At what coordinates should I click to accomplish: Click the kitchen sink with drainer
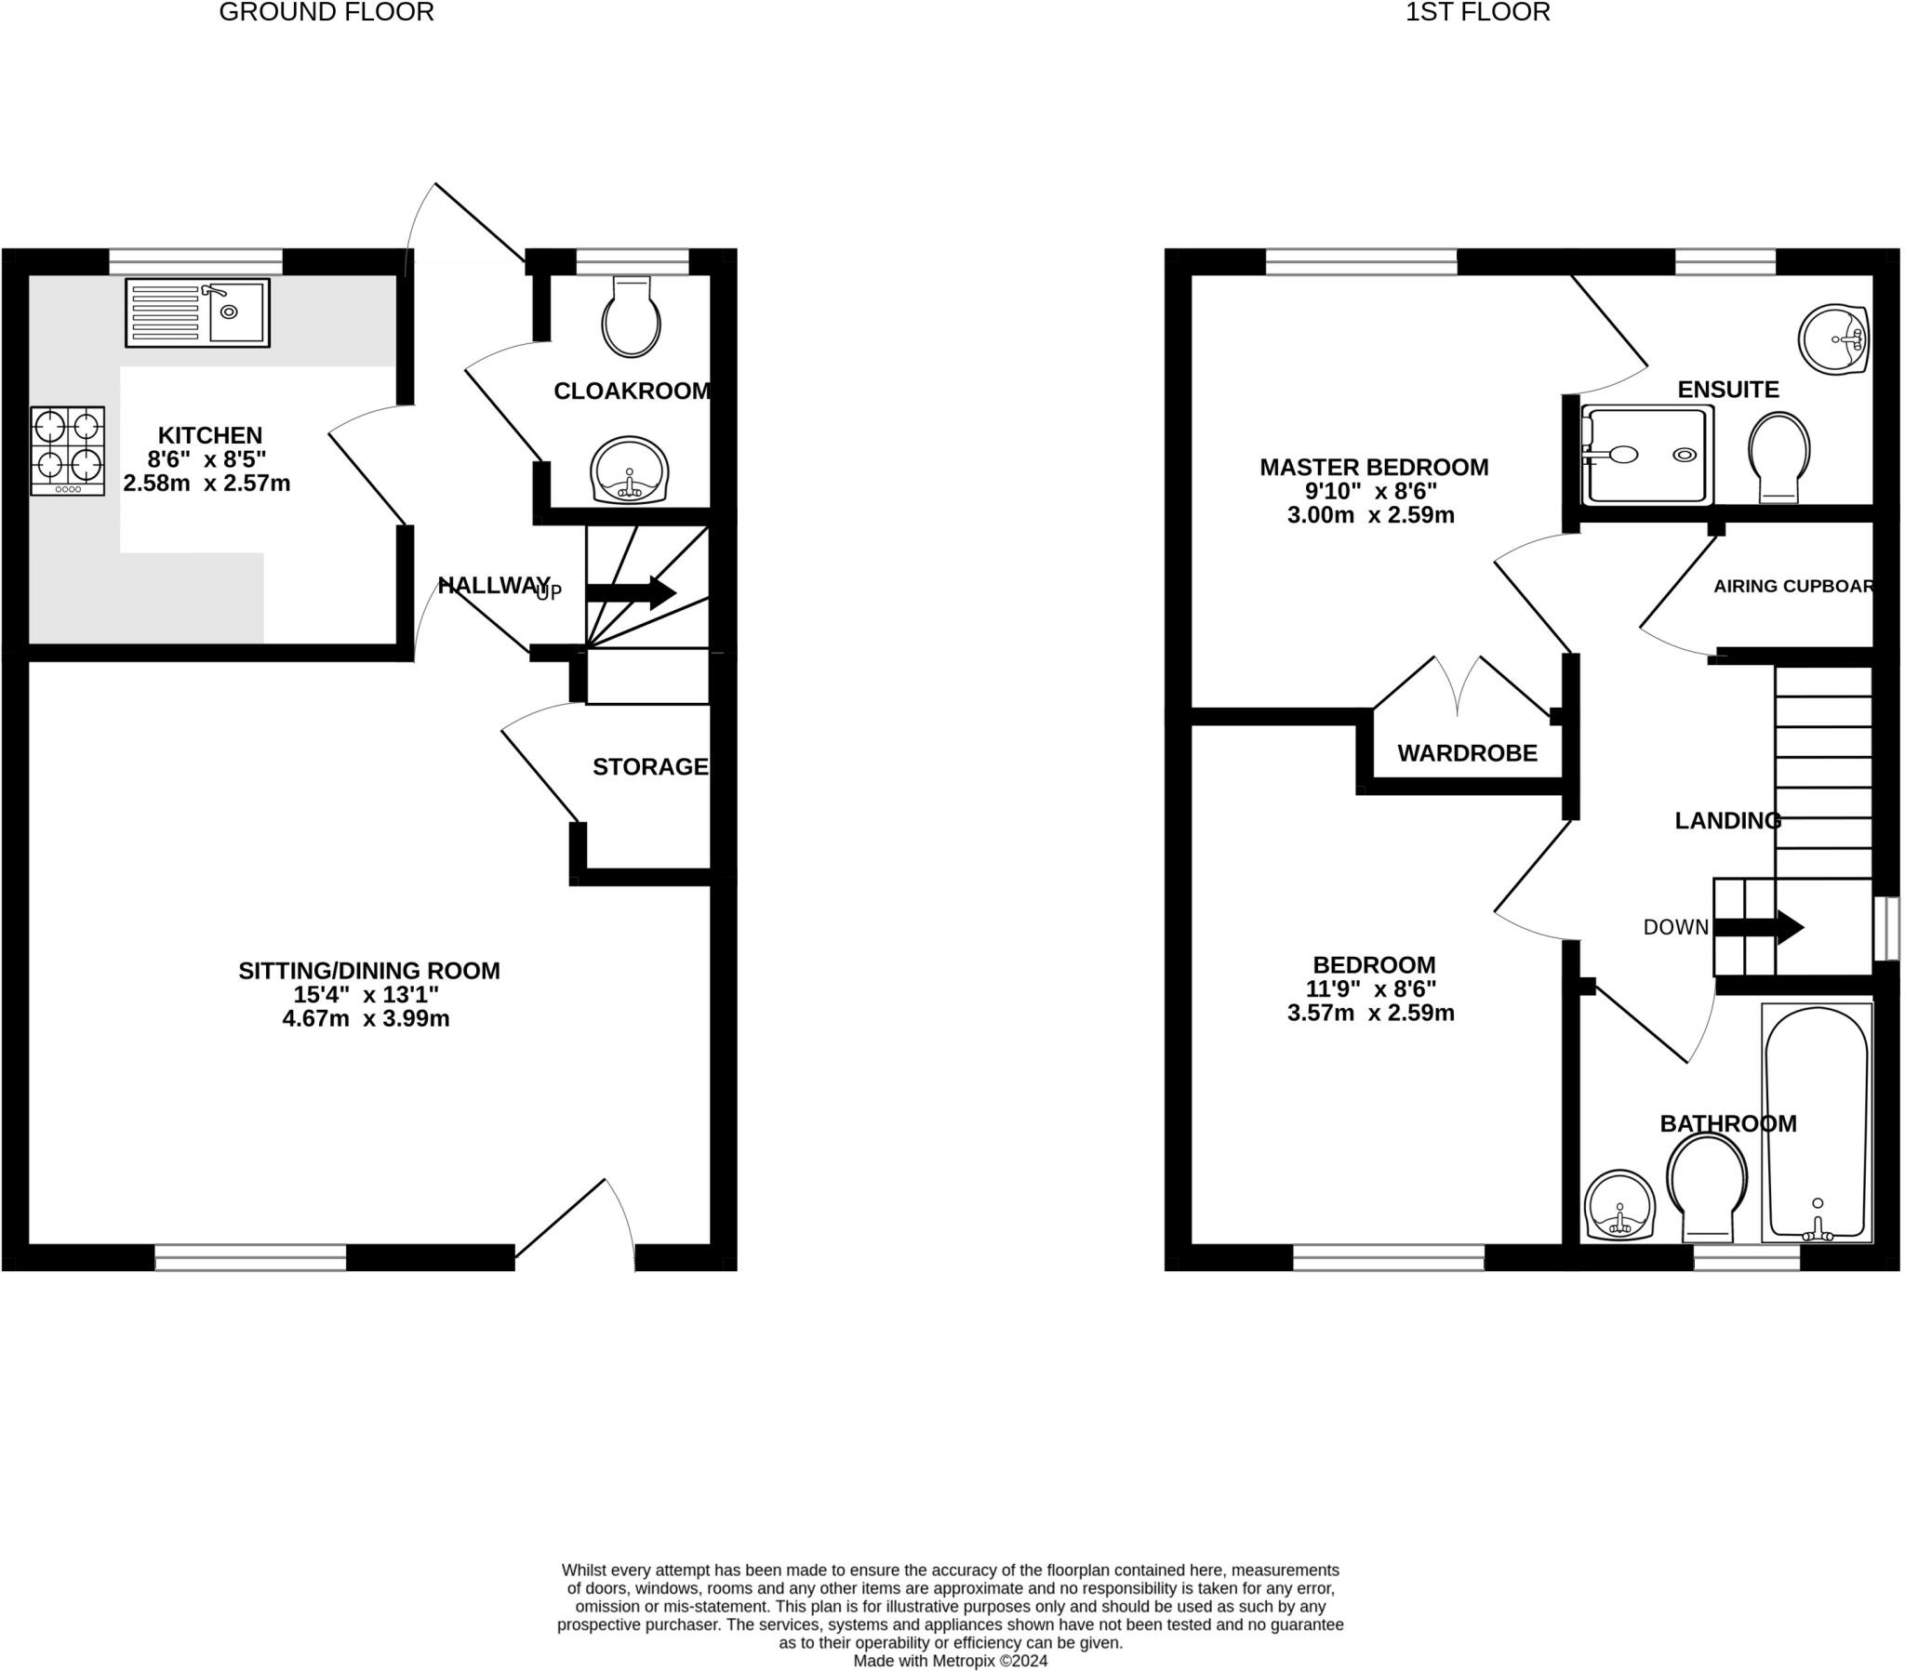(x=197, y=313)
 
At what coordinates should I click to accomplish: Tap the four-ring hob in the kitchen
(x=67, y=451)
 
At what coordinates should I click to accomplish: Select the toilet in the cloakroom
(x=632, y=316)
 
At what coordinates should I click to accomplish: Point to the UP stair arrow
(x=631, y=591)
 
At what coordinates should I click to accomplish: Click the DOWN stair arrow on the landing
(x=1759, y=927)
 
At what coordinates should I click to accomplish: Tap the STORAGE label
(x=649, y=767)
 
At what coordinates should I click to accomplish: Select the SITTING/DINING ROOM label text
(x=369, y=971)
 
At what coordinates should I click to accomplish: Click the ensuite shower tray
(x=1646, y=455)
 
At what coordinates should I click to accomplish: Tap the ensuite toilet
(x=1779, y=456)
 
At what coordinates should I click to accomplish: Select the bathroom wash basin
(x=1619, y=1206)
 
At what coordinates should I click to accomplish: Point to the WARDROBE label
(x=1467, y=753)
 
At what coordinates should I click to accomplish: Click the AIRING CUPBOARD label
(x=1793, y=586)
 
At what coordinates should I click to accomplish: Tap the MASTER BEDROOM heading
(x=1374, y=468)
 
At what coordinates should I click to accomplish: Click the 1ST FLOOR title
(x=1477, y=12)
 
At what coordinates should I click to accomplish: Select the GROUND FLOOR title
(x=326, y=12)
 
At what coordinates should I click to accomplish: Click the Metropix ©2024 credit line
(x=950, y=1661)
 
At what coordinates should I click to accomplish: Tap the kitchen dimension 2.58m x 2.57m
(x=206, y=484)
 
